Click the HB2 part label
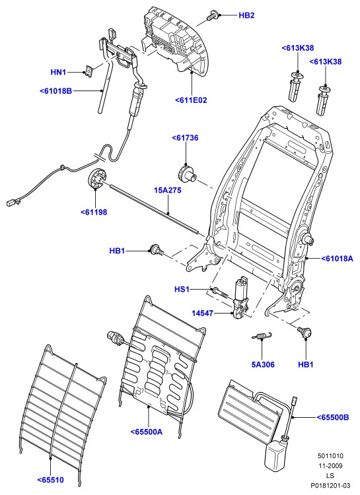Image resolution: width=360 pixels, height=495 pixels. point(246,15)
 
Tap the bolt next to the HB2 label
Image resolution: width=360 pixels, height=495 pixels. point(212,15)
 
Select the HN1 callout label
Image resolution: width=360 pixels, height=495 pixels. point(59,73)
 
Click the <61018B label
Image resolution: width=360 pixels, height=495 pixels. point(56,91)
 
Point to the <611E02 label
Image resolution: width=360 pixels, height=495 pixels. point(191,100)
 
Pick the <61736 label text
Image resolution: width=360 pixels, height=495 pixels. point(185,138)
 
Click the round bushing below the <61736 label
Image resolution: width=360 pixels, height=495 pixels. point(187,174)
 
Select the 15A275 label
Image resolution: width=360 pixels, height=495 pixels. point(168,190)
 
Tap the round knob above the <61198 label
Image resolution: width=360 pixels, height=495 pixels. point(97,179)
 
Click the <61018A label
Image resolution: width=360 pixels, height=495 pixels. point(338,259)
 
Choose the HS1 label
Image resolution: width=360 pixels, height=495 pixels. point(182,289)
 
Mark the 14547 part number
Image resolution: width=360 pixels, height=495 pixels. point(202,313)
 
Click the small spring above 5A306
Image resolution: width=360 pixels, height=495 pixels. point(262,336)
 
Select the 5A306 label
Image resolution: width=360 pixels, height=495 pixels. point(263,364)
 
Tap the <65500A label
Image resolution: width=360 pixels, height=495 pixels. point(147,432)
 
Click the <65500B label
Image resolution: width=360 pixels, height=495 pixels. point(333,417)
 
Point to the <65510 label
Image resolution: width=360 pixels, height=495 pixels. point(51,480)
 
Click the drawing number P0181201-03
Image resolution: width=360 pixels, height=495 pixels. point(330,485)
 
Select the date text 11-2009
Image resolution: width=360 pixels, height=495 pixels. point(330,466)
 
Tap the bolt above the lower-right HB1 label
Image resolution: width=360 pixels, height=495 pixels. point(305,331)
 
